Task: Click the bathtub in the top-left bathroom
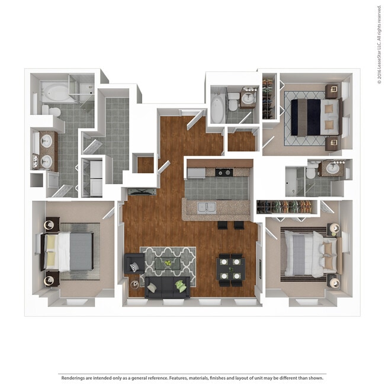coord(54,92)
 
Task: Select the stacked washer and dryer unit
coord(94,176)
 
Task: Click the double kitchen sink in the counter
coord(206,207)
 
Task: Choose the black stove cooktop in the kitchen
coord(223,173)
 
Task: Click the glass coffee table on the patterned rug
coord(168,262)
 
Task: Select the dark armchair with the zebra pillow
coord(133,265)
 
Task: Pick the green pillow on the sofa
coord(181,285)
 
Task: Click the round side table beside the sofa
coord(135,285)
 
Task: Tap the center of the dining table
coord(230,268)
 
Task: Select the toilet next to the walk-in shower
coord(310,172)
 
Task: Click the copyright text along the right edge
coord(378,44)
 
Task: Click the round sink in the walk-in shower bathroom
coord(333,168)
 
